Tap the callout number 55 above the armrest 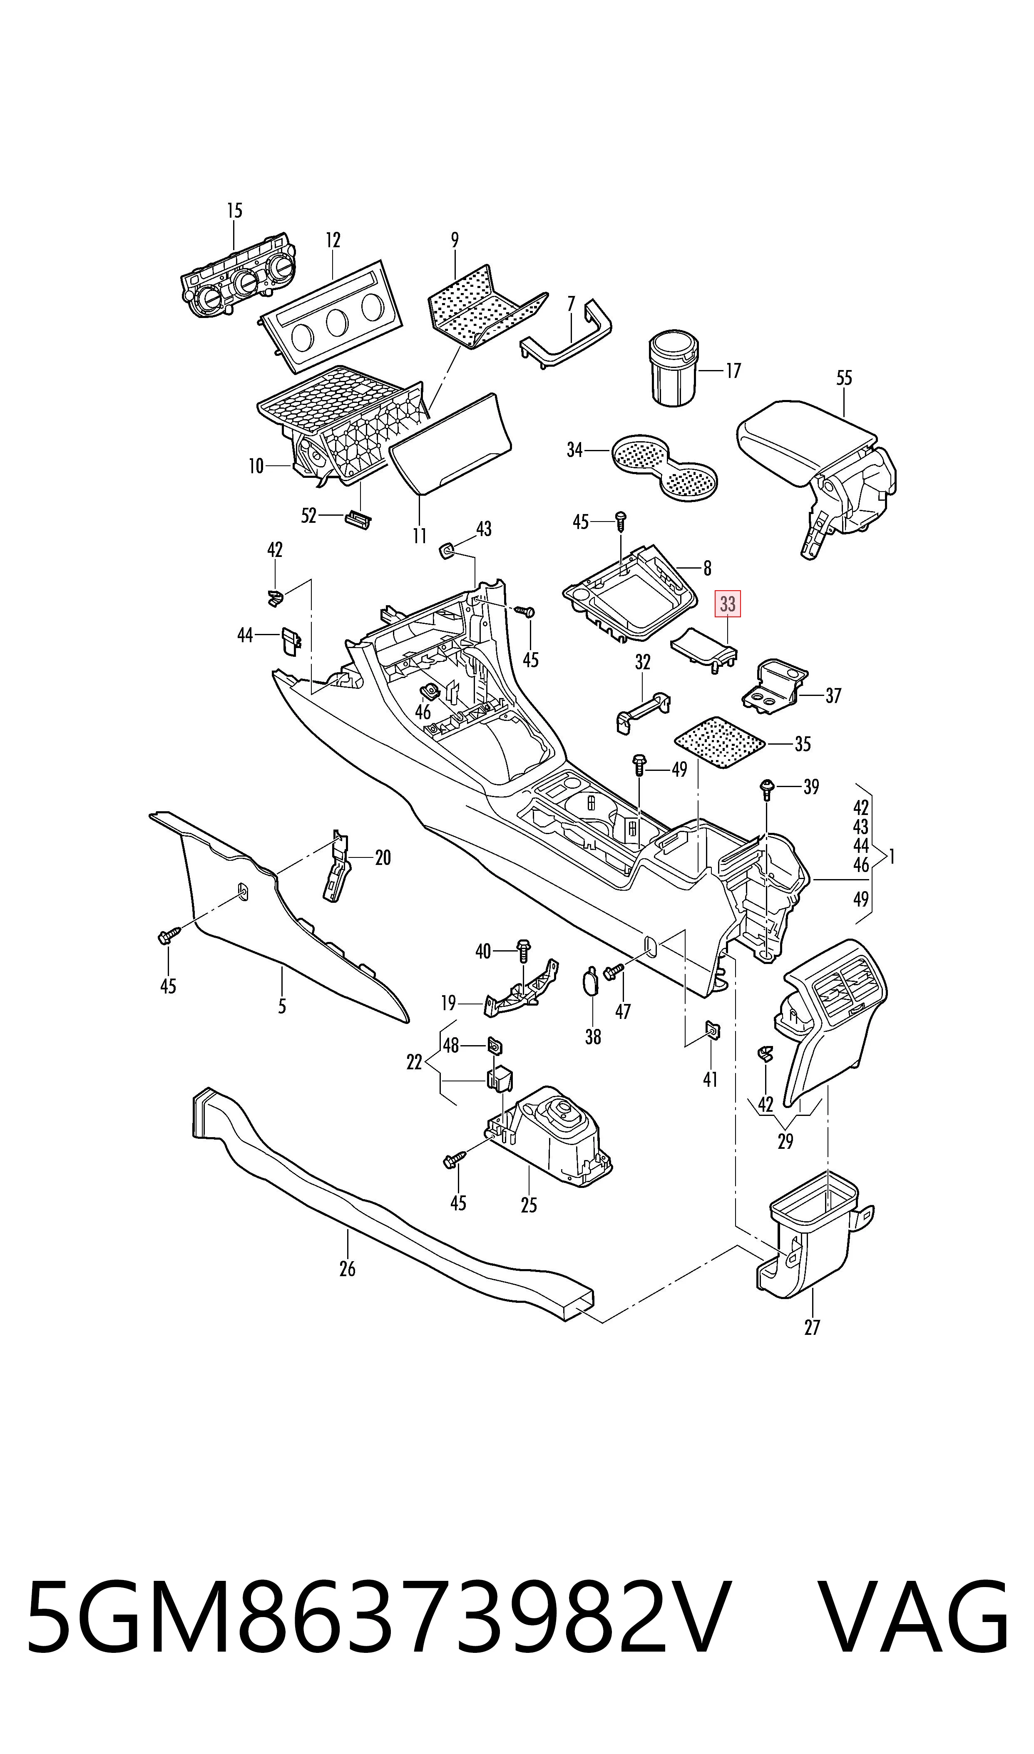(x=844, y=378)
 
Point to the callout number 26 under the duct (x=347, y=1269)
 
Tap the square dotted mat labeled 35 (x=720, y=742)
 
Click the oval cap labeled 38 (x=590, y=981)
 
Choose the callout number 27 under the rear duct (x=812, y=1327)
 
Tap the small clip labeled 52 (x=358, y=517)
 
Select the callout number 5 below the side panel (x=281, y=1006)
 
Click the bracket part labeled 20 (x=336, y=866)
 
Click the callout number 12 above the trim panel (x=333, y=240)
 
